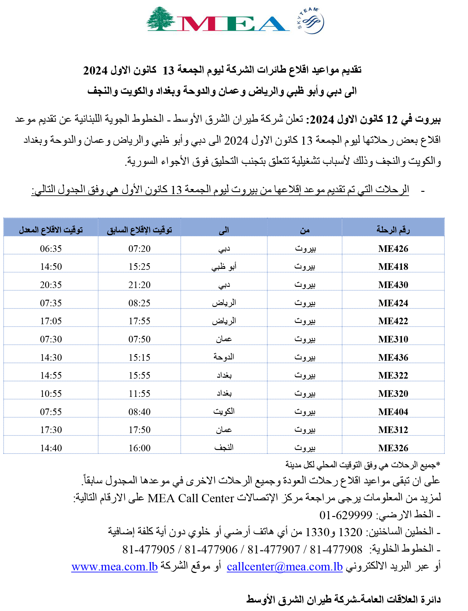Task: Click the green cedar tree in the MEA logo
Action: pyautogui.click(x=161, y=19)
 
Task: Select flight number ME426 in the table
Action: pyautogui.click(x=393, y=249)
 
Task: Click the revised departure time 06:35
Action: pyautogui.click(x=51, y=249)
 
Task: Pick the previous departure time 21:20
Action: pyautogui.click(x=139, y=285)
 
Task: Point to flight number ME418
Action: pyautogui.click(x=393, y=267)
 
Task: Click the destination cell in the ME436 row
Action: pyautogui.click(x=224, y=357)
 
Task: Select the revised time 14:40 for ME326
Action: pyautogui.click(x=51, y=448)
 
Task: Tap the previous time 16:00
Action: pyautogui.click(x=139, y=448)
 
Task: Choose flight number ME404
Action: pyautogui.click(x=393, y=412)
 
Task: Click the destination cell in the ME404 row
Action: pyautogui.click(x=224, y=412)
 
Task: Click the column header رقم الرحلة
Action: pyautogui.click(x=393, y=230)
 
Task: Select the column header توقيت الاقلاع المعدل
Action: pyautogui.click(x=51, y=230)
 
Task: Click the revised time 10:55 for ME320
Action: pyautogui.click(x=51, y=394)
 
